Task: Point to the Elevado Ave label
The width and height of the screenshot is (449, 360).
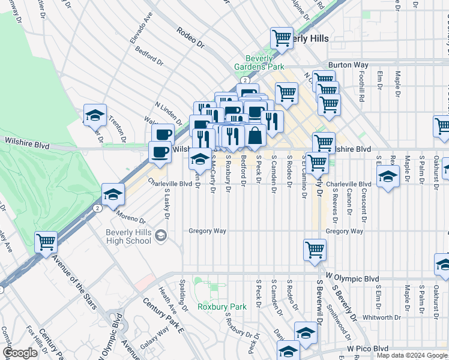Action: [x=142, y=31]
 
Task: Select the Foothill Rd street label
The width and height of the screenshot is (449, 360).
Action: [x=362, y=86]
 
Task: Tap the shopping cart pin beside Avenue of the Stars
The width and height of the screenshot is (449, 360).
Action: [x=46, y=242]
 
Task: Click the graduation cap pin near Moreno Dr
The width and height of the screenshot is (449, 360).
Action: [x=113, y=194]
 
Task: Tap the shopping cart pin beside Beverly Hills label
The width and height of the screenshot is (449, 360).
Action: [x=281, y=38]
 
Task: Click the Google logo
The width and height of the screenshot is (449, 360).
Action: [x=20, y=353]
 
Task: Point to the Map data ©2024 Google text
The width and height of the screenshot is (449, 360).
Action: [x=411, y=355]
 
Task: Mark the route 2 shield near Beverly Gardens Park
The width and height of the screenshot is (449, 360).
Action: [x=245, y=79]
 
